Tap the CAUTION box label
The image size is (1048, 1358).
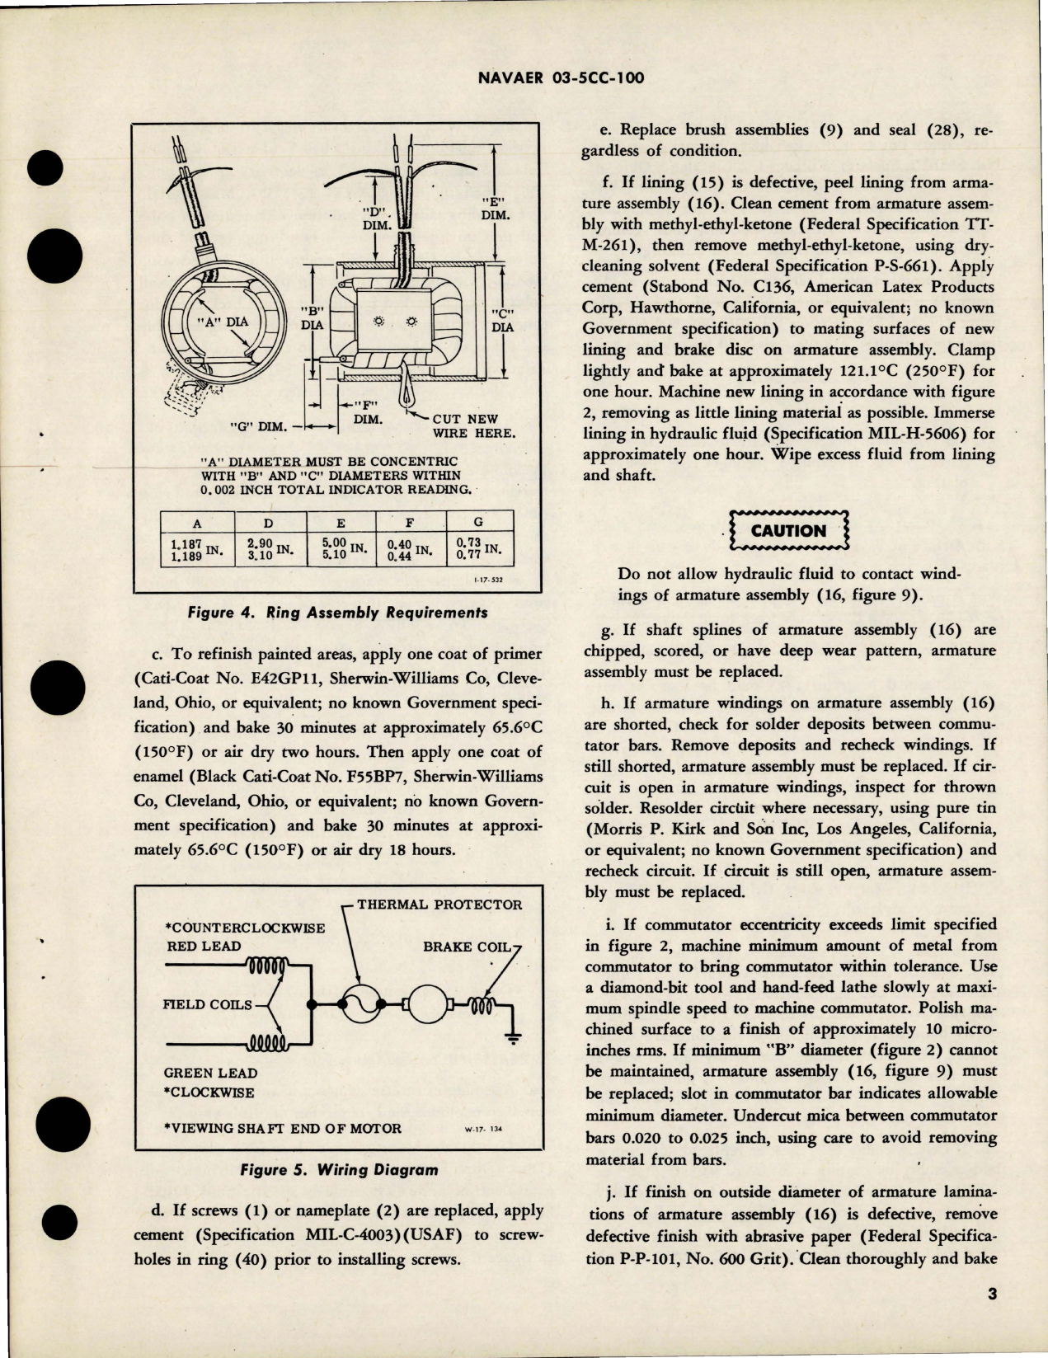[x=788, y=531]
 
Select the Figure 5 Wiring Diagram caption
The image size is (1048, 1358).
[x=338, y=1169]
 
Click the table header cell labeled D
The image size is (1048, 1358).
[x=269, y=523]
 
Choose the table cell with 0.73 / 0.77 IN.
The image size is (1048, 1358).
[x=478, y=550]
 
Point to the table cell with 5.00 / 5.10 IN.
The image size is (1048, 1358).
[x=340, y=550]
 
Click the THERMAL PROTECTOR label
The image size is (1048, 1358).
[x=439, y=905]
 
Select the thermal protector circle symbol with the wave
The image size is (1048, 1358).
[x=360, y=1004]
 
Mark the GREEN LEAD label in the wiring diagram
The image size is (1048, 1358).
[x=212, y=1073]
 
